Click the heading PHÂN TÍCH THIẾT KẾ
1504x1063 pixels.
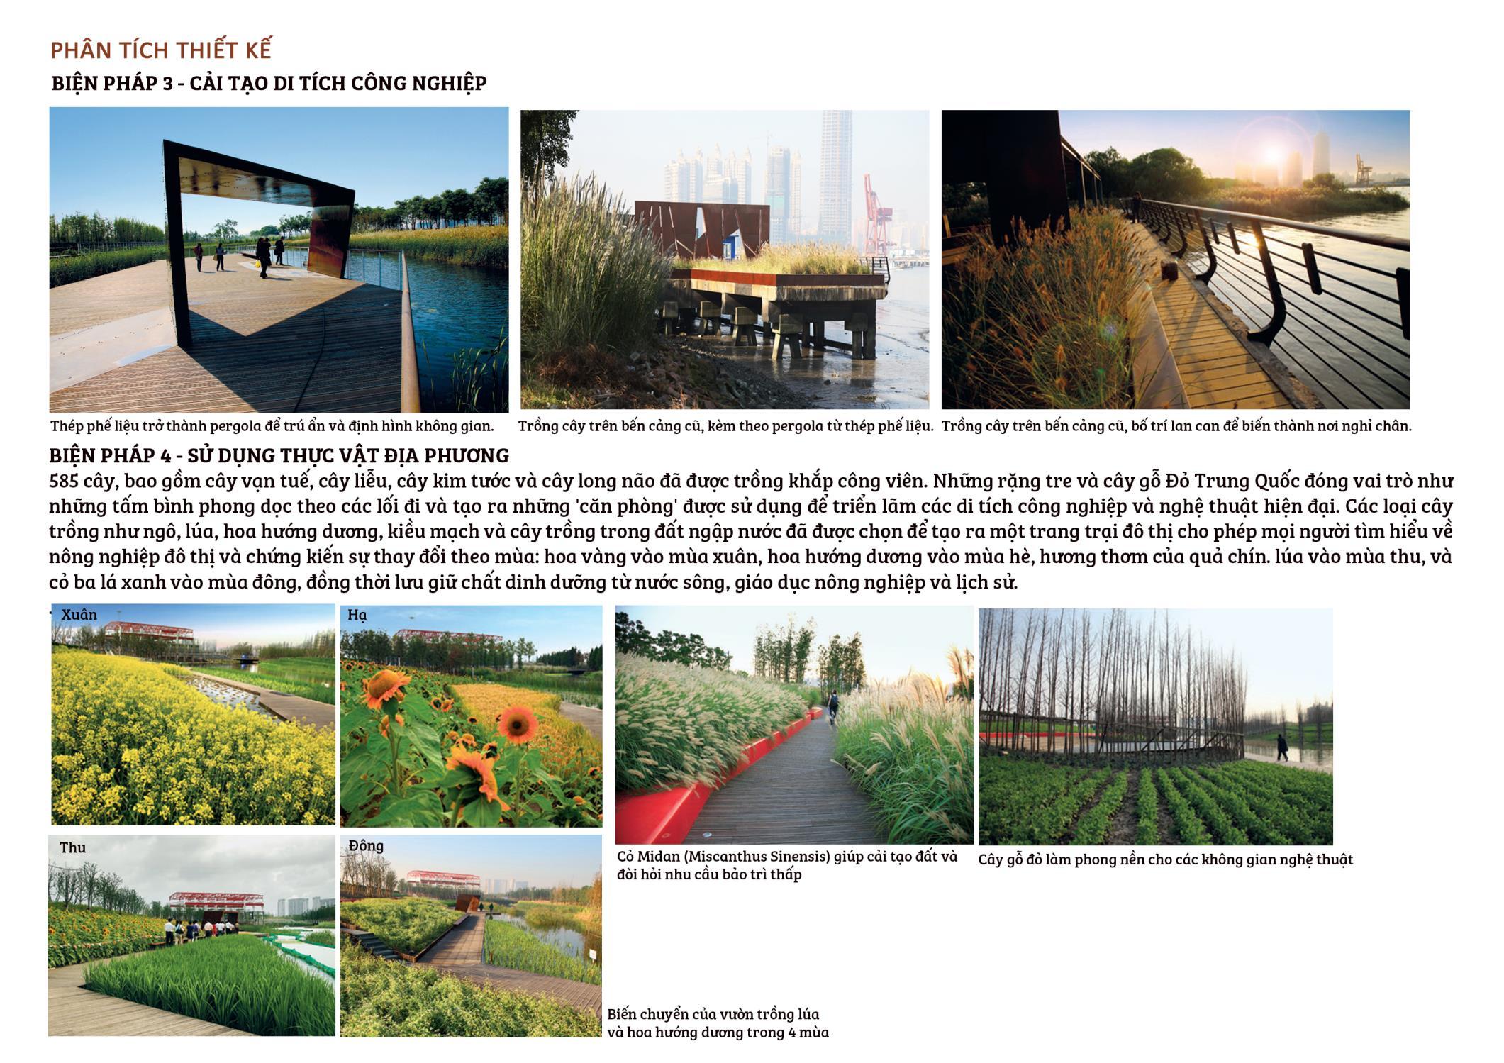tap(161, 50)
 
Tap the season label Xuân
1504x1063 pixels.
tap(79, 615)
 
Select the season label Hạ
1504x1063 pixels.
tap(357, 616)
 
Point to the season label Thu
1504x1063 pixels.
tap(72, 847)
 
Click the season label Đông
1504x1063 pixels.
tap(366, 846)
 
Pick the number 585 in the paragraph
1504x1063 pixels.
tap(64, 482)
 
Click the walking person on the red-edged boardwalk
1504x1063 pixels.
tap(834, 704)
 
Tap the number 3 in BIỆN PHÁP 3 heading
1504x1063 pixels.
tap(167, 84)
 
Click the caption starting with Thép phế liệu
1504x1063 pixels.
tap(272, 426)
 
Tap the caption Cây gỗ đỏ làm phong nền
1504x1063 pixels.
tap(1165, 860)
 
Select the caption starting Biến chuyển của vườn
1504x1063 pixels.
tap(718, 1023)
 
